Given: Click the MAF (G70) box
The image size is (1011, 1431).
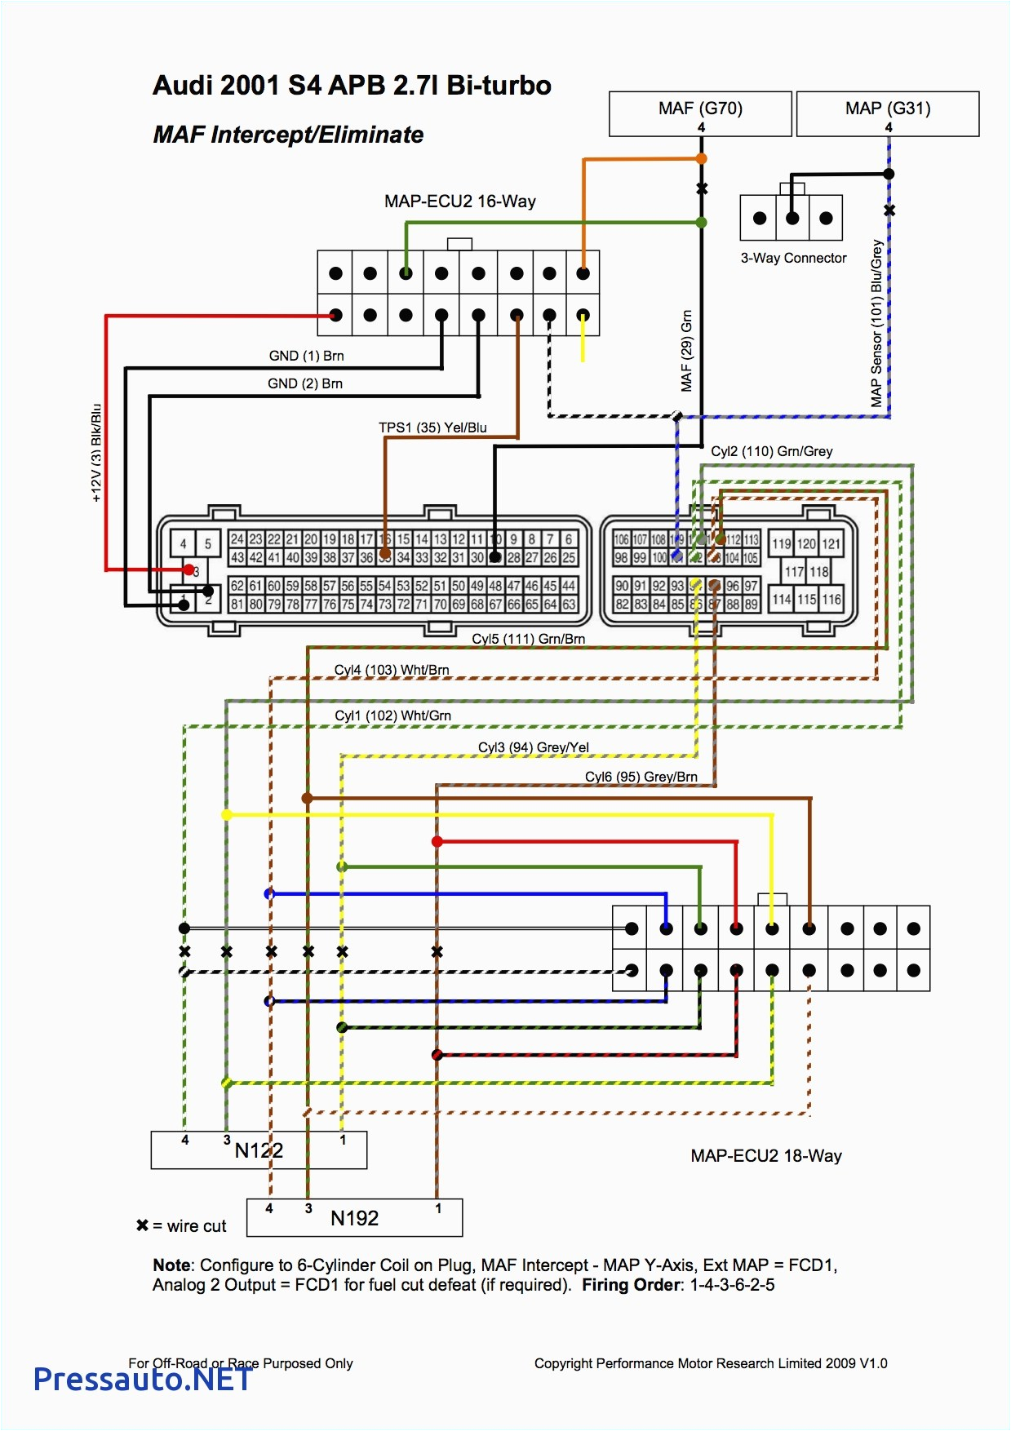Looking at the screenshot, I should (x=700, y=113).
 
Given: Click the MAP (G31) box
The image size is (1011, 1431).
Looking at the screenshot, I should (x=888, y=113).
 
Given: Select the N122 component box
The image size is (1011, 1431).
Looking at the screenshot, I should (x=259, y=1150).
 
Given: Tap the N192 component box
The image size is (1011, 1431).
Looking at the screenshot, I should (x=354, y=1218).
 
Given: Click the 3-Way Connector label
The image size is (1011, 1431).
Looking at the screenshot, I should (x=793, y=258).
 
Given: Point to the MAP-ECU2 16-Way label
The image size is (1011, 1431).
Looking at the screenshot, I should (x=460, y=202).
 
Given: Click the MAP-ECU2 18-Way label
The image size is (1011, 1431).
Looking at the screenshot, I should (x=765, y=1155).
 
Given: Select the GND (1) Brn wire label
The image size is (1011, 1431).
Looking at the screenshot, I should (x=306, y=356).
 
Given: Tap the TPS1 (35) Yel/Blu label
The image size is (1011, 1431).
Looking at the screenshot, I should (x=432, y=428).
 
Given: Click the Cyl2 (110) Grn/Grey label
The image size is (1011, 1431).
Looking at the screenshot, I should (x=771, y=451).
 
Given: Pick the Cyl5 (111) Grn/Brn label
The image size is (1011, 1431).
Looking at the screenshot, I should (x=528, y=639).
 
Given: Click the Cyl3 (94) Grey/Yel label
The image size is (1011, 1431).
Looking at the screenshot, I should (x=533, y=747).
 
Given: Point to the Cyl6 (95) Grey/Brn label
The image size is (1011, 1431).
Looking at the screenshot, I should (x=641, y=777).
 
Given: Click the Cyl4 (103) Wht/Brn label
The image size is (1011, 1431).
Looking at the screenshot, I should (x=392, y=670).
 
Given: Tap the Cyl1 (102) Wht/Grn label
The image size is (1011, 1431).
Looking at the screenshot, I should (x=392, y=715).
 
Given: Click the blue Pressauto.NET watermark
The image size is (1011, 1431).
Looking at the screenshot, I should (x=143, y=1379).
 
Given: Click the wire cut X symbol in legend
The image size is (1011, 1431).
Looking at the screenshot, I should (x=143, y=1225).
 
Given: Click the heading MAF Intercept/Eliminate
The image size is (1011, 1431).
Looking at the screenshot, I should (x=288, y=135).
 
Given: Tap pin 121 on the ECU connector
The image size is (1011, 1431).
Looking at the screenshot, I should (x=831, y=544).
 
